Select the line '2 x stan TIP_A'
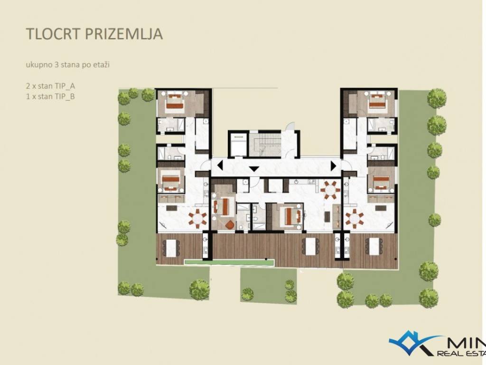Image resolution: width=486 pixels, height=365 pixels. (50, 86)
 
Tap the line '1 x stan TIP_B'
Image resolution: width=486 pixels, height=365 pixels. (50, 96)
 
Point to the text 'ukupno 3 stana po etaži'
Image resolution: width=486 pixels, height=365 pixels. (67, 65)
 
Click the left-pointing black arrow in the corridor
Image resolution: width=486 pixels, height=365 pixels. (220, 165)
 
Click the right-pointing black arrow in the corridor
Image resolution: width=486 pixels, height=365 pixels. (334, 166)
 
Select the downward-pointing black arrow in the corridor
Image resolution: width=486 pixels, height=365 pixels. (254, 169)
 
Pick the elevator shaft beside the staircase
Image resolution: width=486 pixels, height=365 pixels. (239, 144)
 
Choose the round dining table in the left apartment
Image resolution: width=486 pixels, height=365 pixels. (197, 218)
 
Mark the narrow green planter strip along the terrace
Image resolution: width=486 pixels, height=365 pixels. (229, 262)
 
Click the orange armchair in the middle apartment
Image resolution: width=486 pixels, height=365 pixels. (230, 225)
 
